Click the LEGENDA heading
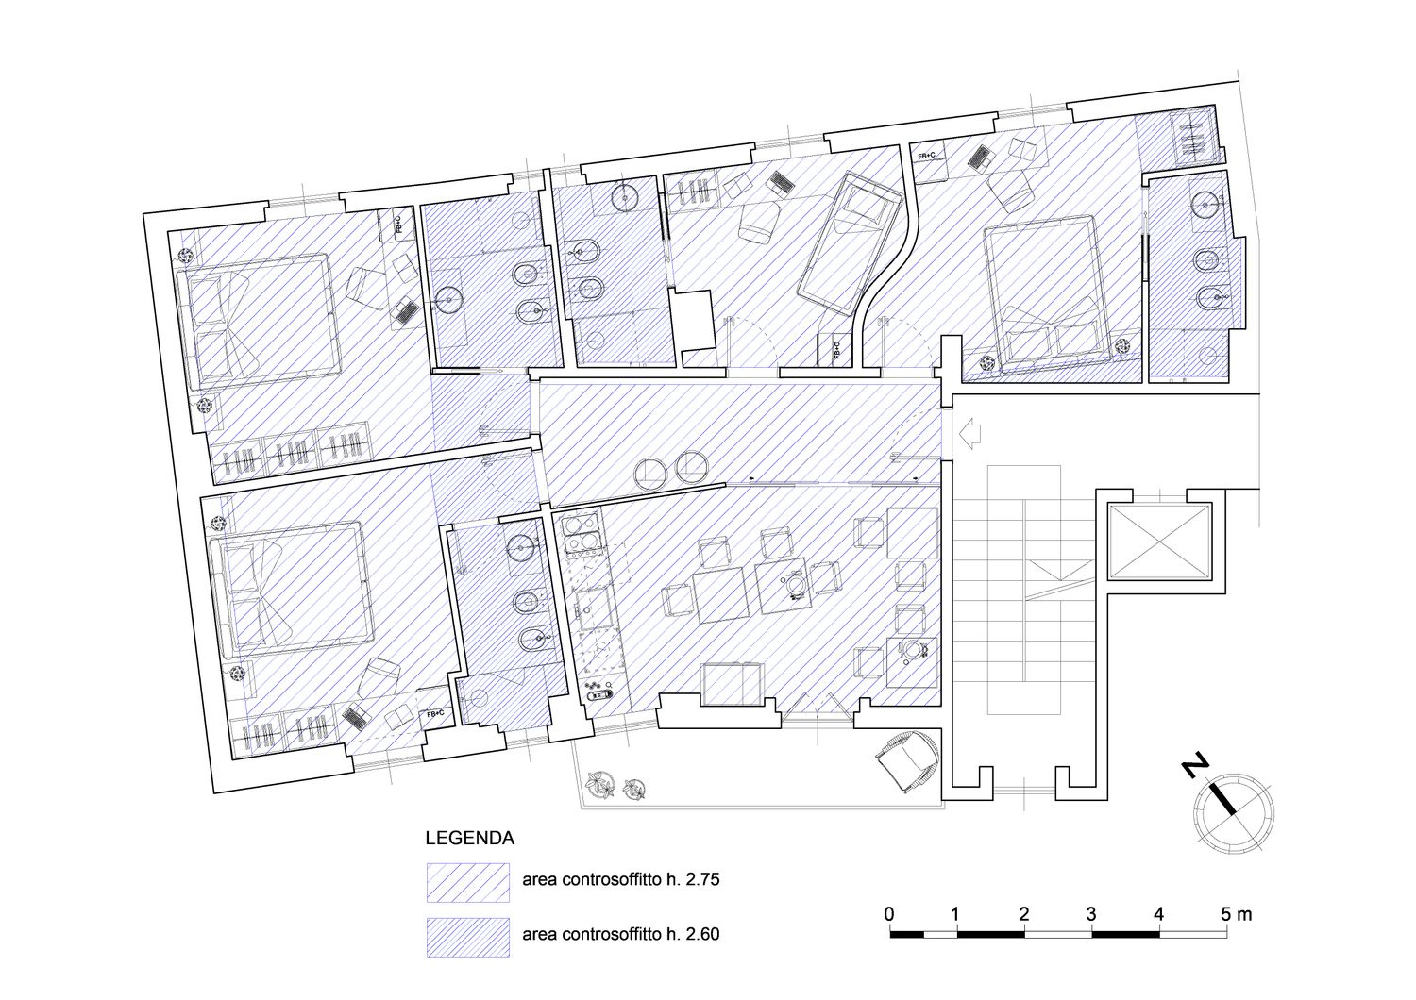470,839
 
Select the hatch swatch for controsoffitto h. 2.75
468,882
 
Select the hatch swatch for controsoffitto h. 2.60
468,938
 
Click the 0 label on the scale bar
889,914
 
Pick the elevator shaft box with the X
1158,542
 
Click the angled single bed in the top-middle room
851,243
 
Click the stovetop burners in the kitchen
582,534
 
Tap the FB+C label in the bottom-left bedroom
435,714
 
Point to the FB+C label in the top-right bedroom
927,155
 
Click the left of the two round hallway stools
650,471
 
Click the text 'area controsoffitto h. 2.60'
621,934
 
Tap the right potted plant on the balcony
633,789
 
